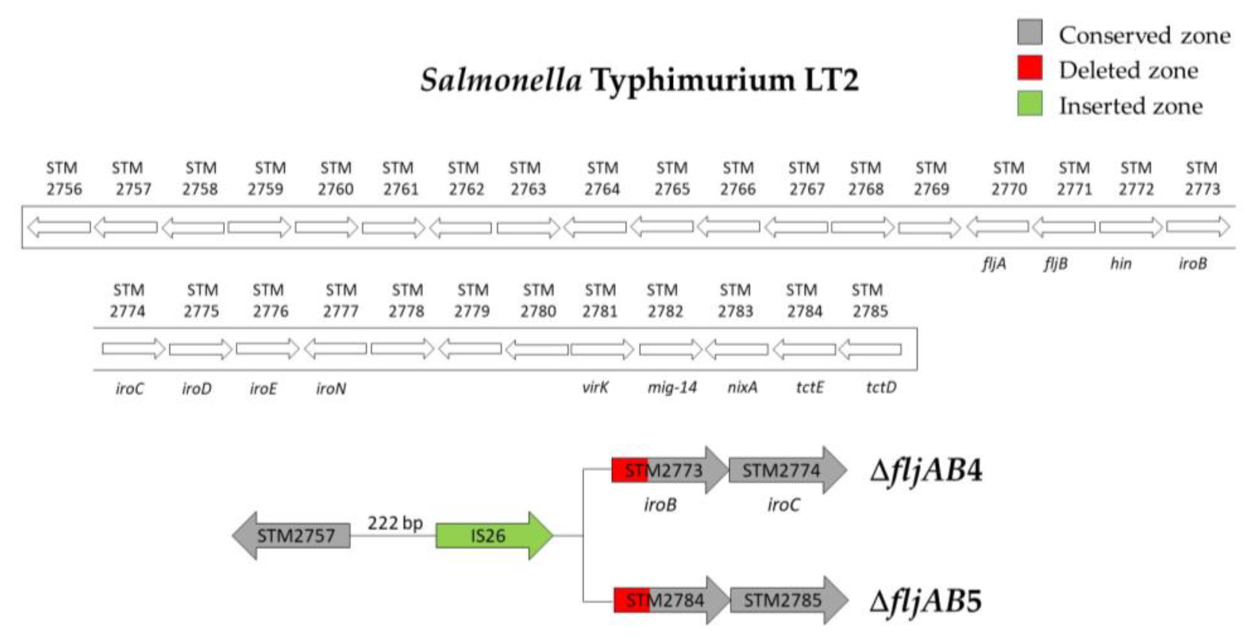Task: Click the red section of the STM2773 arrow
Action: [x=628, y=470]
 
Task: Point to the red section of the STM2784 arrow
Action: [x=630, y=600]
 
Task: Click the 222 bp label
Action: [x=395, y=523]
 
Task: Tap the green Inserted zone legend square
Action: [x=1029, y=104]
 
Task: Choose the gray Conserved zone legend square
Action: [x=1029, y=32]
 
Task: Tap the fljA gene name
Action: [x=994, y=264]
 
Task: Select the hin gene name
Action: [x=1121, y=264]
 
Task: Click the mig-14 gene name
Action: [x=672, y=387]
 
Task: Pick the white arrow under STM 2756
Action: [x=59, y=227]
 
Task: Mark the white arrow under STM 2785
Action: [x=870, y=349]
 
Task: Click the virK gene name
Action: [x=595, y=387]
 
